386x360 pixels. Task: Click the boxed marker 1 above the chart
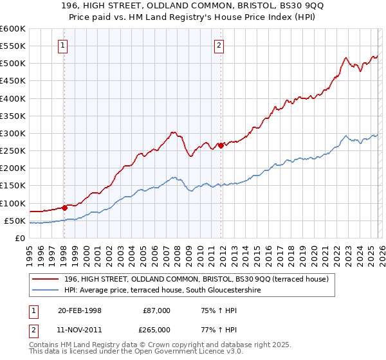click(x=64, y=45)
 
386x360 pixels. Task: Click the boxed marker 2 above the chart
click(x=219, y=45)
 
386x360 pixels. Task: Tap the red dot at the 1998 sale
click(x=64, y=208)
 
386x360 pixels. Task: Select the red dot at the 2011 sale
click(x=221, y=145)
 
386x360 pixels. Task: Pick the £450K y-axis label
click(x=13, y=81)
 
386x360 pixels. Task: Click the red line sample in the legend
click(x=46, y=279)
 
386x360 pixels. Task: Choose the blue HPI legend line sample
click(x=46, y=290)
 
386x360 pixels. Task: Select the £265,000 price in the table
click(x=156, y=330)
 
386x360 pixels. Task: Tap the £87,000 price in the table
click(x=156, y=310)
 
